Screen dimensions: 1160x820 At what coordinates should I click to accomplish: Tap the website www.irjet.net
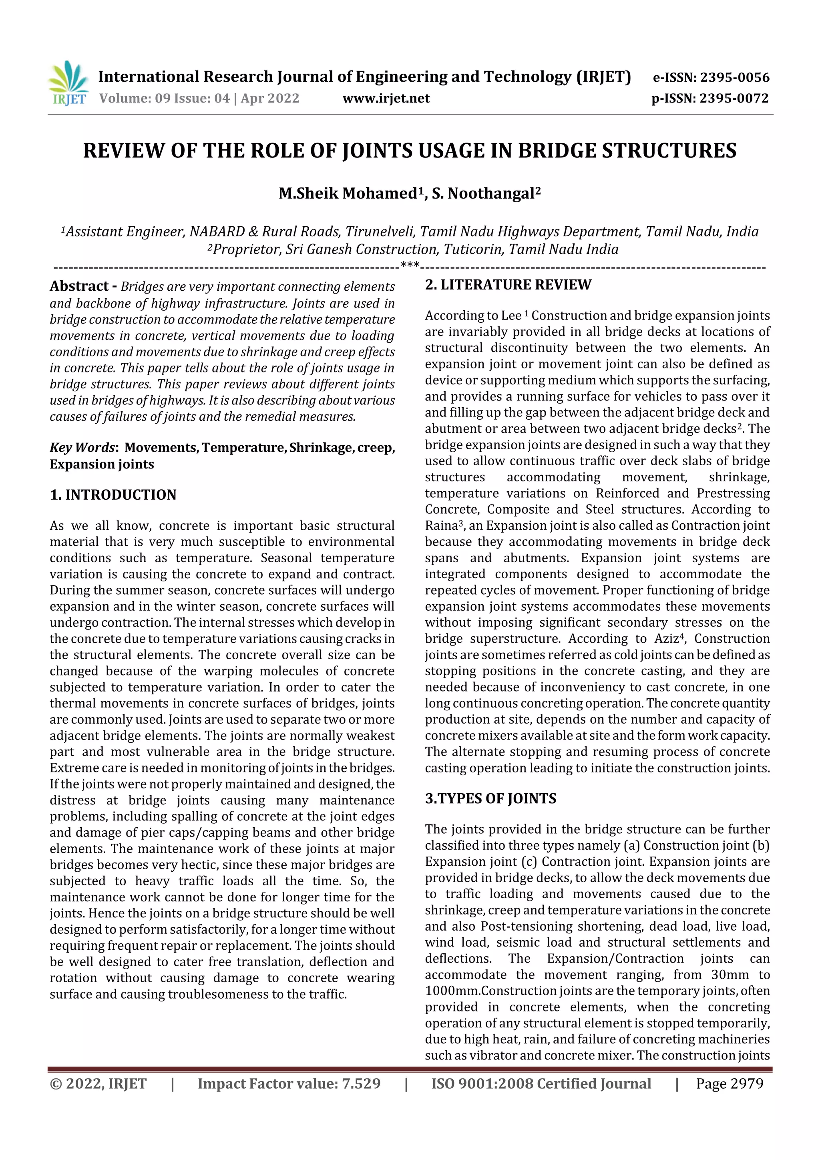(x=386, y=98)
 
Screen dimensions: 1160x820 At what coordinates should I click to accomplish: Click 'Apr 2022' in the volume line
(x=270, y=98)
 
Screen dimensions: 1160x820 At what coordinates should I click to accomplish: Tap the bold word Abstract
(x=79, y=286)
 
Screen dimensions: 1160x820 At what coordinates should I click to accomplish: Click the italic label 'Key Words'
(x=82, y=448)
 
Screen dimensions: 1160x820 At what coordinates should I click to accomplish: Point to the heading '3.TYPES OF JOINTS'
(x=490, y=798)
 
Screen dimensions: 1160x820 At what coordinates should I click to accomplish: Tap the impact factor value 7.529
(x=361, y=1083)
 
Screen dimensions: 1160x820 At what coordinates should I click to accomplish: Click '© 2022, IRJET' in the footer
(x=98, y=1083)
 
